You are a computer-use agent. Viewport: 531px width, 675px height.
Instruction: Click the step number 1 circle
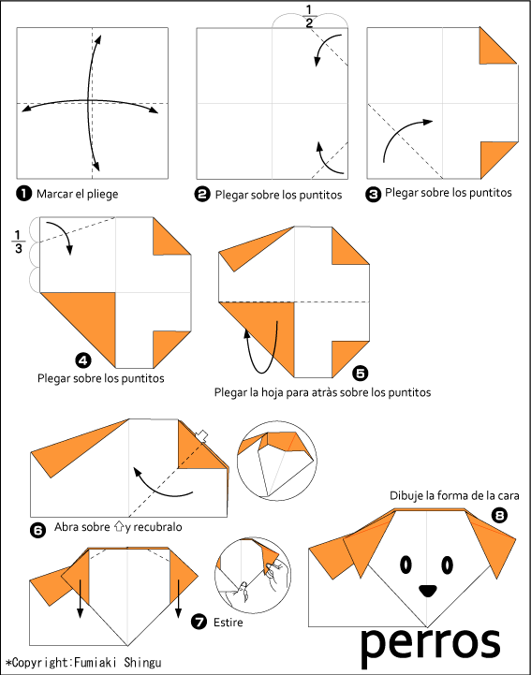click(23, 193)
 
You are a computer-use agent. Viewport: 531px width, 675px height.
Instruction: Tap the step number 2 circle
click(202, 195)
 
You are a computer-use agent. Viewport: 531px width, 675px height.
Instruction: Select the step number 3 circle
click(373, 195)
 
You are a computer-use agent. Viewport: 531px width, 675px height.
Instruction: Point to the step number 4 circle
click(83, 360)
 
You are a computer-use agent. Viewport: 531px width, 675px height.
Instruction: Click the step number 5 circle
click(360, 373)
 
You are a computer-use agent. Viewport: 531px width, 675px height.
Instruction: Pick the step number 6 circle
click(37, 530)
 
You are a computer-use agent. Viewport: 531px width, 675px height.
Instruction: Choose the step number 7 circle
click(199, 622)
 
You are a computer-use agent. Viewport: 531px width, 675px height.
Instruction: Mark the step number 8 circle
click(499, 515)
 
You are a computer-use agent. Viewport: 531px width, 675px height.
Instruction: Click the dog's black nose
click(427, 591)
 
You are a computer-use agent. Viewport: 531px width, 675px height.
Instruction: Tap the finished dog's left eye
click(406, 565)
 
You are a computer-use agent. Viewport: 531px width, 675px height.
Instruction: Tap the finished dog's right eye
click(448, 565)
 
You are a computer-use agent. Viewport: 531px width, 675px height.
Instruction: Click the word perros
click(430, 644)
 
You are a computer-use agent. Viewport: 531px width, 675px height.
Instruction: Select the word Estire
click(229, 623)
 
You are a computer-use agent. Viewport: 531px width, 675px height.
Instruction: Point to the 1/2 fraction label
click(309, 16)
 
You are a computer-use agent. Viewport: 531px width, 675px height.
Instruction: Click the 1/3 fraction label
click(18, 242)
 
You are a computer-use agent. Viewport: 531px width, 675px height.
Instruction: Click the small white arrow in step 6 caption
click(119, 526)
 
